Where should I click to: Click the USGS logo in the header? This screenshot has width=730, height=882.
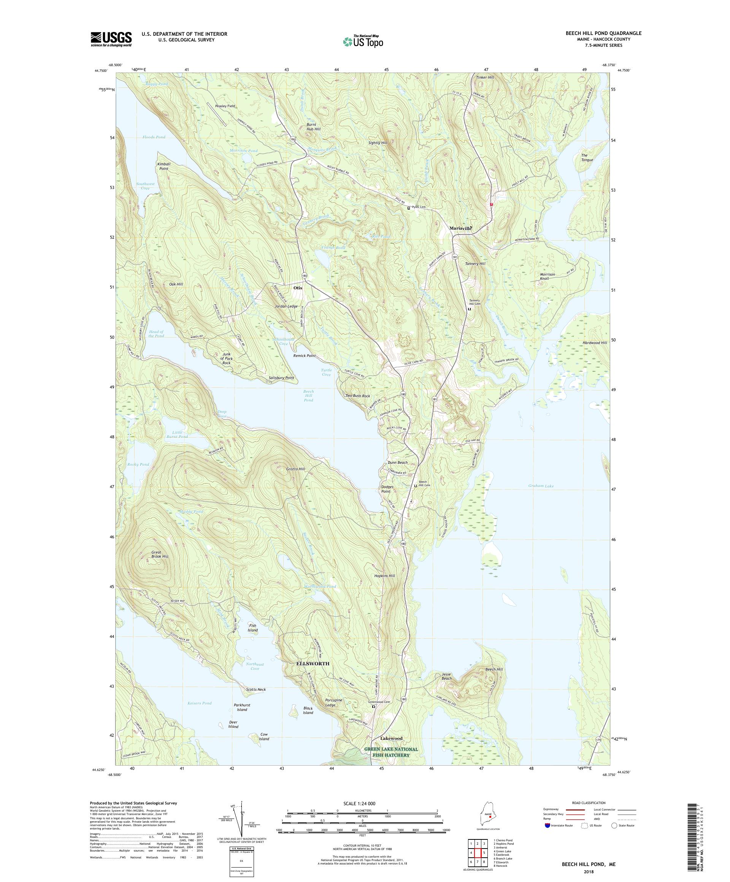(x=111, y=40)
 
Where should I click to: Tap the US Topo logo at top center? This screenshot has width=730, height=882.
(x=364, y=41)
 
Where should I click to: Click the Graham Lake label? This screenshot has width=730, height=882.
(x=541, y=486)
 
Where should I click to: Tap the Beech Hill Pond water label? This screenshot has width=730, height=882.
(x=309, y=396)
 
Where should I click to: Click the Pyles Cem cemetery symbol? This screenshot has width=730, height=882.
(x=408, y=208)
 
